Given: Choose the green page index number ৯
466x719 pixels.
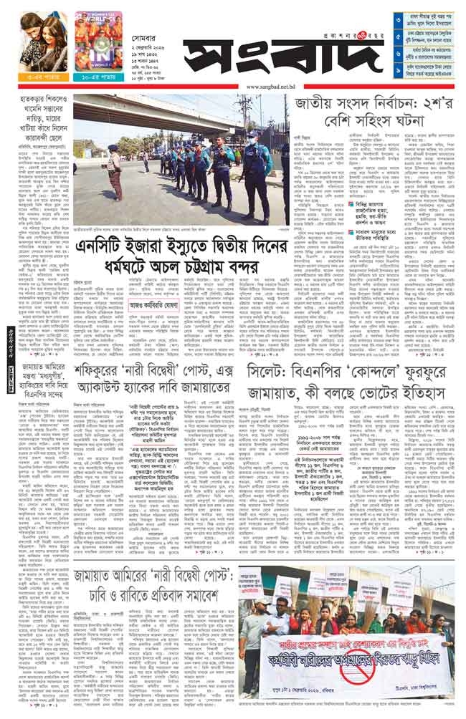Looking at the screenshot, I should (398, 72).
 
